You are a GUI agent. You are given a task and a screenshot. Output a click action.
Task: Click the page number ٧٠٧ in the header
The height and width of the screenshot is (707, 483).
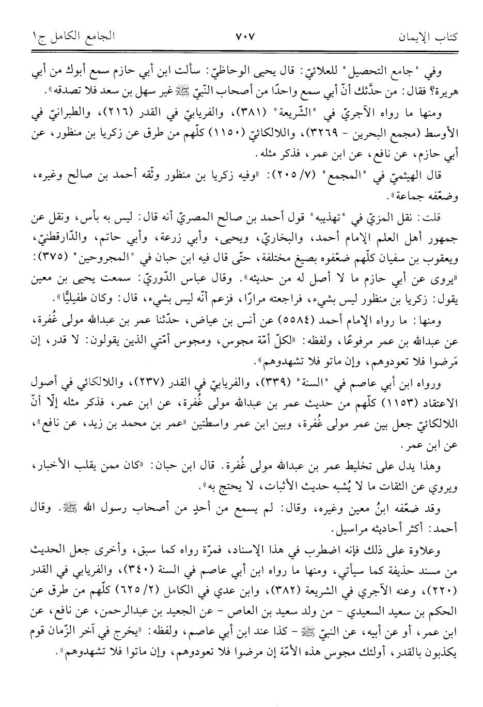[241, 38]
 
